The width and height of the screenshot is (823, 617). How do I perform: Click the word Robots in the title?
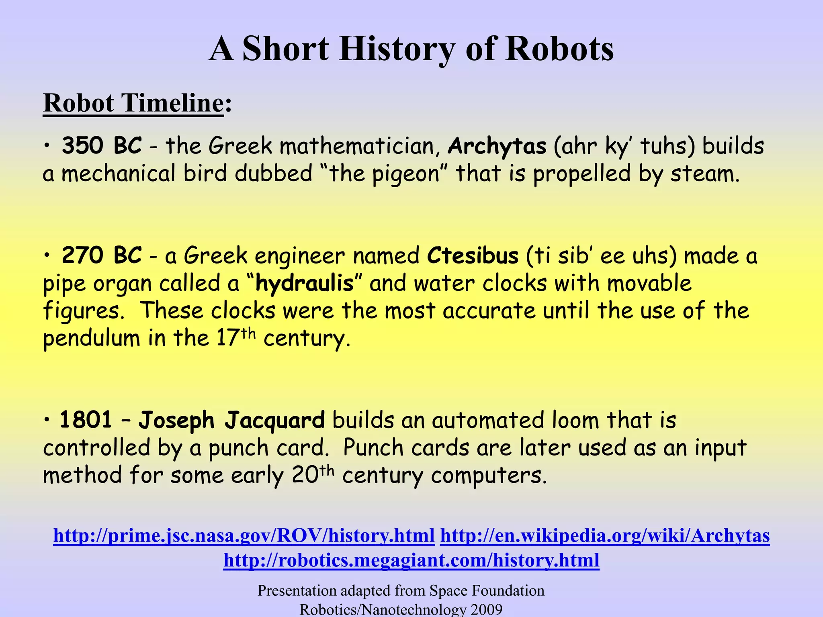559,49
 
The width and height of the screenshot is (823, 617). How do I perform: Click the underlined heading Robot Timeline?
133,103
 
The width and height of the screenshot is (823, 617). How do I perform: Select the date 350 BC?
102,145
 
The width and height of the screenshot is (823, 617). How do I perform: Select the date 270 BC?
102,255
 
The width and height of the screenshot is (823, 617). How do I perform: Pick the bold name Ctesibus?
473,255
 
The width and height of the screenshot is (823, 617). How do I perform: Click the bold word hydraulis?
304,283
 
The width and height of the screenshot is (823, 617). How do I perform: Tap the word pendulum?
91,339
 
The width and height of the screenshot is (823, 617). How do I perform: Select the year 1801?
86,420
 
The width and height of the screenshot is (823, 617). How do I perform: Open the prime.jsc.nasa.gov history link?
244,535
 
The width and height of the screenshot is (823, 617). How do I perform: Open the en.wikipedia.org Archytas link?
605,535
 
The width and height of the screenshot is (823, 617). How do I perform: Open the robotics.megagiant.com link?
411,560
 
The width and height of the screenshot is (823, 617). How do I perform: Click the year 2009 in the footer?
486,609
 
